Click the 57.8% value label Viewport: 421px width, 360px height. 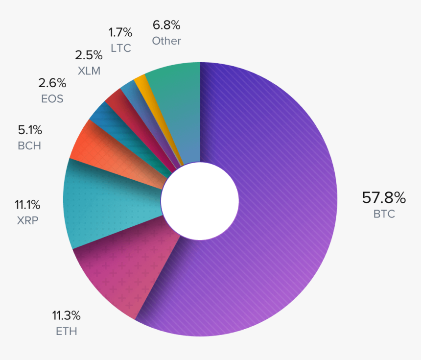384,198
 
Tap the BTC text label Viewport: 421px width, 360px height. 384,214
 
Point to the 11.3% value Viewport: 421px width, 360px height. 67,315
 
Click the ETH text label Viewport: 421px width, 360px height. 67,332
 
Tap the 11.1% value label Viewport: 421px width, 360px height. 27,204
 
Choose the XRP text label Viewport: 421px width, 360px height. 27,220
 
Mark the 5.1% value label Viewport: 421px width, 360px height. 30,130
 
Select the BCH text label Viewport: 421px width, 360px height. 29,146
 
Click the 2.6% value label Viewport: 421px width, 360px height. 52,83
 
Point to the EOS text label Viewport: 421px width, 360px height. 52,99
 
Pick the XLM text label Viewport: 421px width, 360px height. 89,71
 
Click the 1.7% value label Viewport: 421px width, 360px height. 120,32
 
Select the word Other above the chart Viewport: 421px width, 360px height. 166,41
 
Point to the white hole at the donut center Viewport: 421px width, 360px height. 200,201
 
